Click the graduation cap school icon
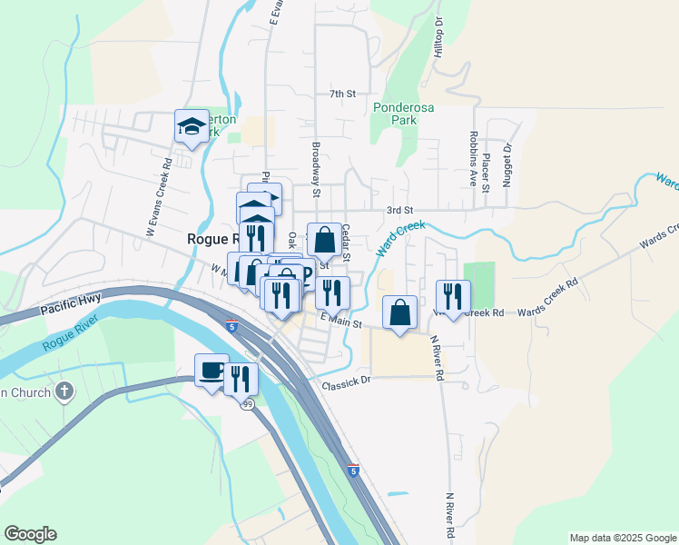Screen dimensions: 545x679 click(x=192, y=127)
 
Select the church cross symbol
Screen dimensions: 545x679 click(x=64, y=392)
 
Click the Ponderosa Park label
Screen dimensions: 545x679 click(x=404, y=114)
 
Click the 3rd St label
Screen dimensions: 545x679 click(x=399, y=210)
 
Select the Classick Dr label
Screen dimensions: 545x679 click(x=347, y=385)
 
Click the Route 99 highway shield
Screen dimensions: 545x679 click(x=247, y=403)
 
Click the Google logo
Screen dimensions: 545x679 click(x=30, y=534)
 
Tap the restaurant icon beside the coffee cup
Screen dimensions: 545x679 click(x=241, y=378)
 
